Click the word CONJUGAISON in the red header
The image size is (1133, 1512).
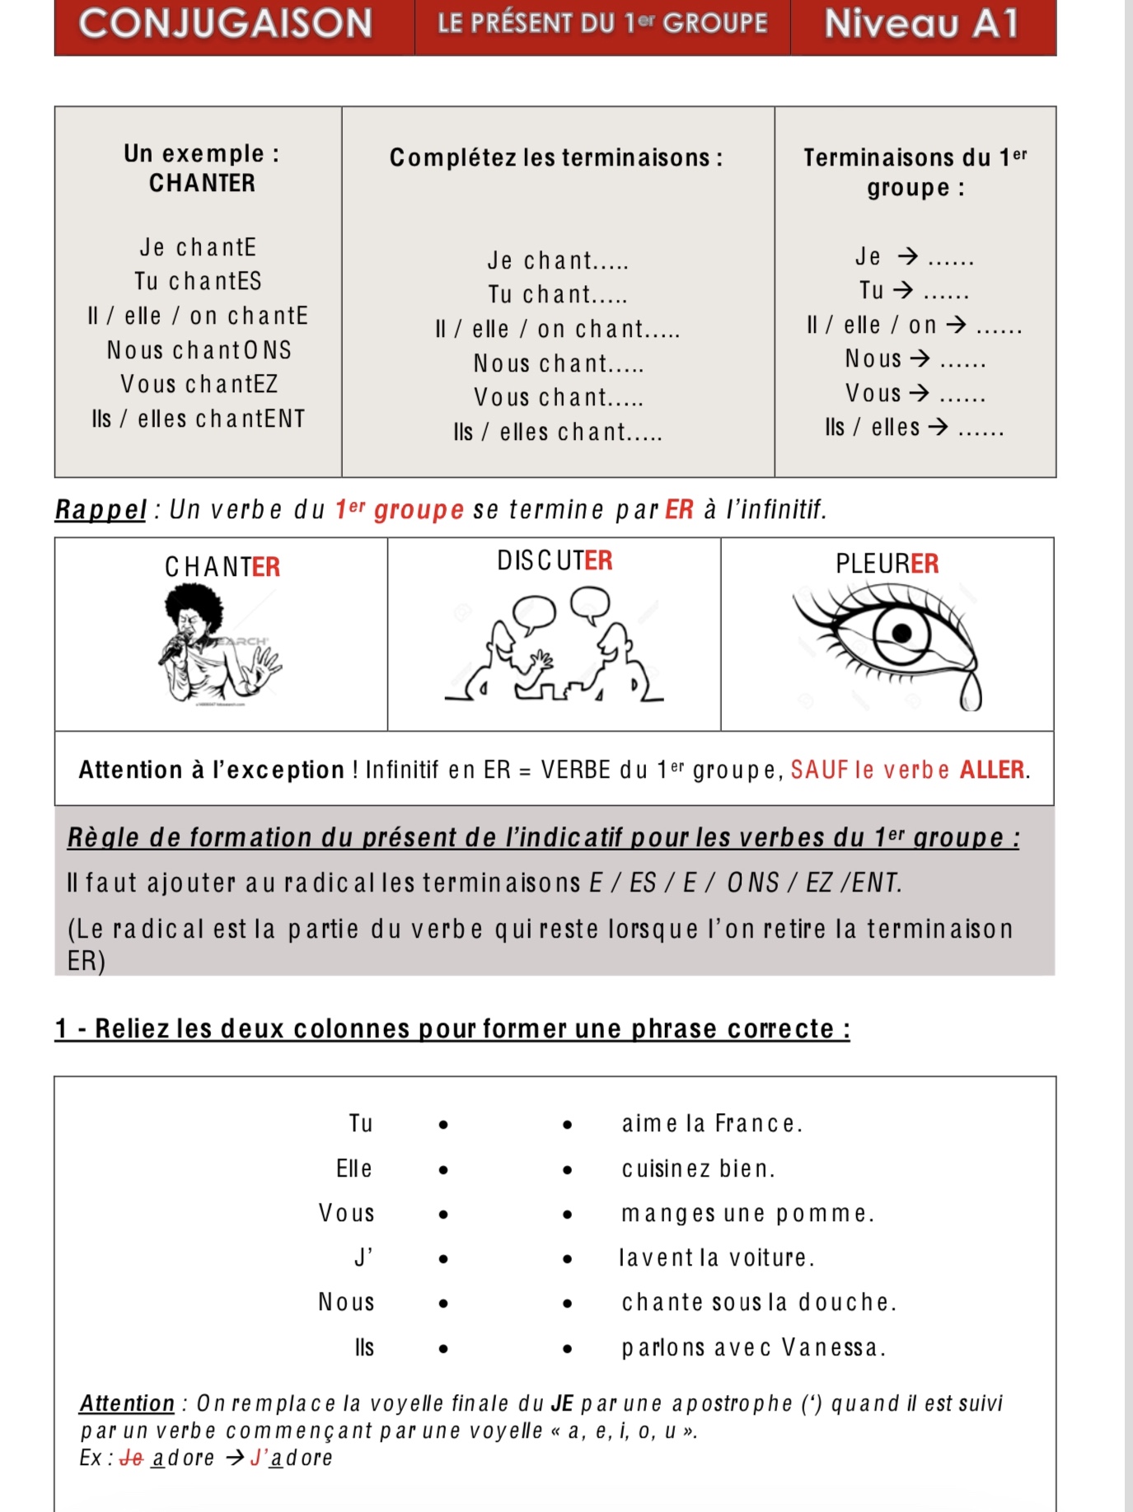point(226,23)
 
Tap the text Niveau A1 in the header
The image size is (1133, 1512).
point(921,23)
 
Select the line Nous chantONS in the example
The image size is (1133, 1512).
point(199,350)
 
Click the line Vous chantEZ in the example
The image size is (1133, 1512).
point(199,385)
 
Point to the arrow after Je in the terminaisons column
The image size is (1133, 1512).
point(907,256)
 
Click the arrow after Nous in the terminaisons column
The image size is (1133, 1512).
point(920,358)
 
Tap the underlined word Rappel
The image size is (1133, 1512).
point(101,510)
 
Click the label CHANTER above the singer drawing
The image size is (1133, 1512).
point(222,567)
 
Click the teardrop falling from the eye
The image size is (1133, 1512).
point(971,693)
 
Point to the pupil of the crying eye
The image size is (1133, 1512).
point(901,633)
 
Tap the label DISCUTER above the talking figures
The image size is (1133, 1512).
point(555,561)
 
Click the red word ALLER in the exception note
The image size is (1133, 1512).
point(992,770)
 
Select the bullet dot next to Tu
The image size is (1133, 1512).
point(443,1125)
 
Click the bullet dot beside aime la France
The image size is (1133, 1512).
point(568,1125)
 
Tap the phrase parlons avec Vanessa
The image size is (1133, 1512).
point(753,1348)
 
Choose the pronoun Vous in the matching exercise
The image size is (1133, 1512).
point(347,1214)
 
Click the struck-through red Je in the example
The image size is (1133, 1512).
point(132,1458)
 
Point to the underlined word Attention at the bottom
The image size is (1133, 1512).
point(127,1403)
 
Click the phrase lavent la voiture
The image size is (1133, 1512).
point(717,1258)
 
